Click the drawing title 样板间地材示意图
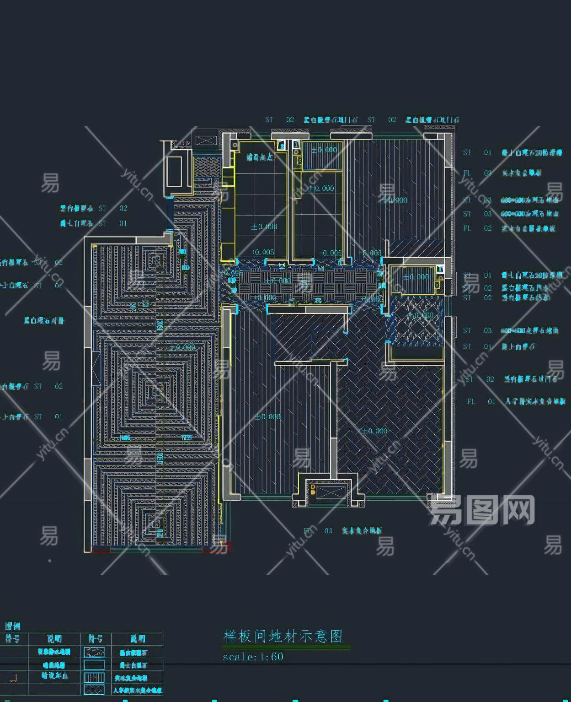pyautogui.click(x=283, y=636)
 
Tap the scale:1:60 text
pyautogui.click(x=253, y=657)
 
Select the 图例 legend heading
pyautogui.click(x=12, y=626)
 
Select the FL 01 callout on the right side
pyautogui.click(x=480, y=401)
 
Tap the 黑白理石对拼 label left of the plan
pyautogui.click(x=44, y=320)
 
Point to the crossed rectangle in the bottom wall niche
pyautogui.click(x=326, y=493)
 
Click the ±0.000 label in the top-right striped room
pyautogui.click(x=394, y=200)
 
